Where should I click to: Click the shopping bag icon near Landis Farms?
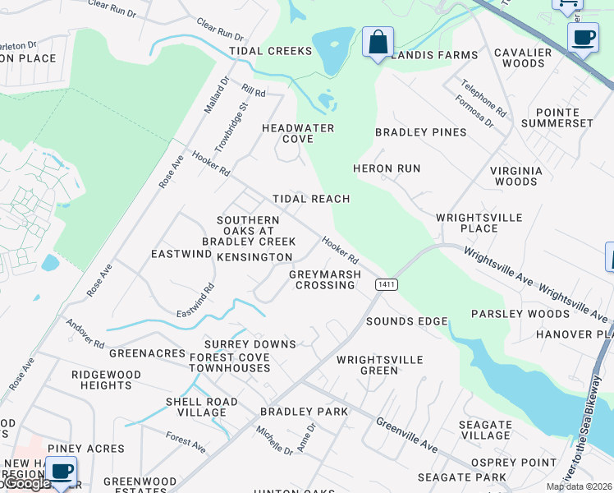click(x=378, y=41)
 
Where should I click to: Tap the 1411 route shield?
click(x=387, y=284)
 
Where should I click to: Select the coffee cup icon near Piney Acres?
click(x=61, y=471)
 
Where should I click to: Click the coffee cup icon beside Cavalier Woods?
click(x=583, y=37)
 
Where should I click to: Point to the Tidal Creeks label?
click(x=271, y=51)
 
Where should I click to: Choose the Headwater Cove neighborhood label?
click(x=298, y=133)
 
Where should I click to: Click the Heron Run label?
click(x=386, y=168)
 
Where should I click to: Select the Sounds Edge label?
click(x=407, y=321)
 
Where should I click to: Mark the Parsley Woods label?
click(x=520, y=314)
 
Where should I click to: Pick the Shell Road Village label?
click(x=202, y=407)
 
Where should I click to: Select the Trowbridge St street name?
click(x=231, y=127)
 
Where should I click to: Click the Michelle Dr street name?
click(x=273, y=440)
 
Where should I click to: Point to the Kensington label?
click(x=254, y=257)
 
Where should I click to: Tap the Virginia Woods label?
click(x=515, y=176)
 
